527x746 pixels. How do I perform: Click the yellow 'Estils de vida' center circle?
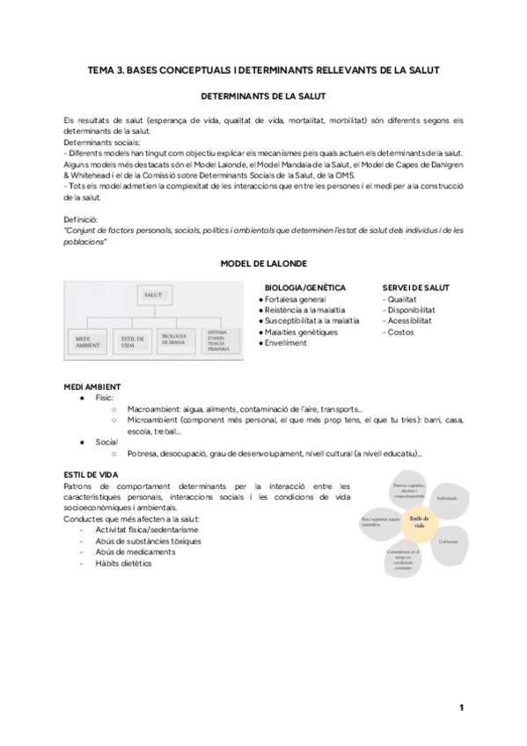(420, 522)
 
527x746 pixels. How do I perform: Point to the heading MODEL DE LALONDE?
(263, 263)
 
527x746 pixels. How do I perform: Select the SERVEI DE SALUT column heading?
(415, 287)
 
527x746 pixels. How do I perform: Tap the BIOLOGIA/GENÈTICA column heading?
(304, 287)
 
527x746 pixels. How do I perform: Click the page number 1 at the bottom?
(461, 707)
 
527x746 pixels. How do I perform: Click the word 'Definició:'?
(82, 218)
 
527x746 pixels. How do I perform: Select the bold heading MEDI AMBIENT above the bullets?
(92, 387)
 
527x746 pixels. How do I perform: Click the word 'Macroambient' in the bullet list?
(154, 409)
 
